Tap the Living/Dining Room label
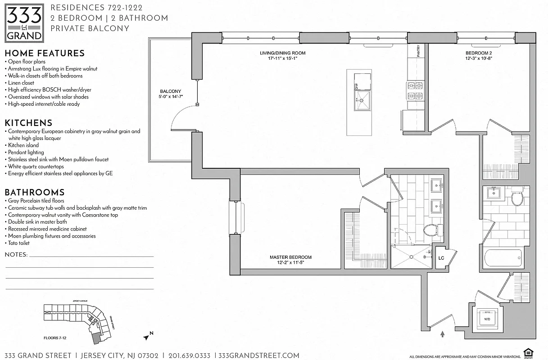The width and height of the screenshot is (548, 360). (x=279, y=55)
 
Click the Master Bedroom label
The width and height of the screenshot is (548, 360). (x=290, y=260)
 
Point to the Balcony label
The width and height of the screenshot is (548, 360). (x=170, y=94)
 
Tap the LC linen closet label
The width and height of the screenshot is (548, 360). (x=442, y=258)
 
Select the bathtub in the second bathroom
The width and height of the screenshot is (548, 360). (x=503, y=259)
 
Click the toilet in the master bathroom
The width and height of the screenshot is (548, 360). (x=430, y=230)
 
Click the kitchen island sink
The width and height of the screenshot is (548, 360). (x=362, y=99)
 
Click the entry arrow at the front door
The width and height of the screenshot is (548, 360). (x=443, y=334)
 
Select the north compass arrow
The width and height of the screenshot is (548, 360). (x=147, y=335)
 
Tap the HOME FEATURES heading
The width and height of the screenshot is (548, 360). (x=45, y=53)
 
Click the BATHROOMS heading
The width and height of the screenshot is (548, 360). (x=35, y=192)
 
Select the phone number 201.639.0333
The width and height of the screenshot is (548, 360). (x=189, y=355)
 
